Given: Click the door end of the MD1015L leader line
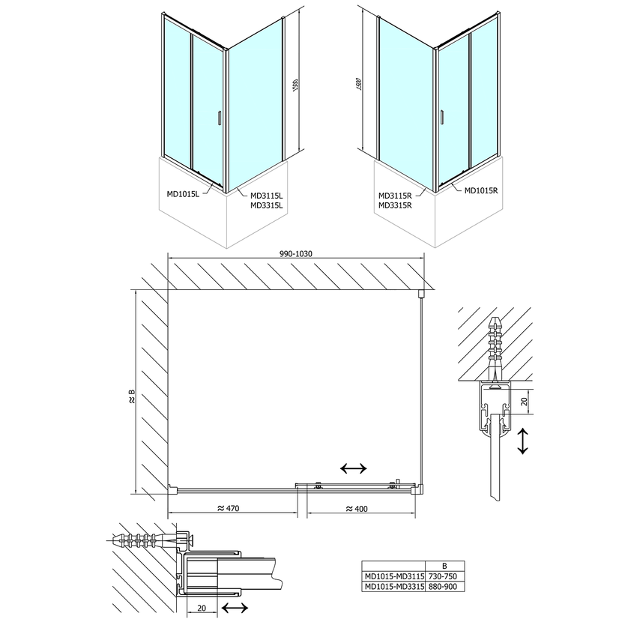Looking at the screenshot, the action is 214,183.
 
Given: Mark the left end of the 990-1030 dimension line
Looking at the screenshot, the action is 168,259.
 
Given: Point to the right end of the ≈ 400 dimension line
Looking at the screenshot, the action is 415,513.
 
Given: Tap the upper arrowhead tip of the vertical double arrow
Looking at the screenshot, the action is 523,429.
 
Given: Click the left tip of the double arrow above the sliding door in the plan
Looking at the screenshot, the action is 341,469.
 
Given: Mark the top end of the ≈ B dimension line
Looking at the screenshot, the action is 136,290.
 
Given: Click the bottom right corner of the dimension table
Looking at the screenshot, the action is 464,591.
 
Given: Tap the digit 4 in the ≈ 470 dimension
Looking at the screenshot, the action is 229,508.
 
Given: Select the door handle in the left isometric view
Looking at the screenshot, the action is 219,118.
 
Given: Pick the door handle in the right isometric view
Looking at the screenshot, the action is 441,117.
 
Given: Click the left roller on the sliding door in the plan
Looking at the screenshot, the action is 318,484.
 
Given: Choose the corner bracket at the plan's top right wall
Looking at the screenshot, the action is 421,294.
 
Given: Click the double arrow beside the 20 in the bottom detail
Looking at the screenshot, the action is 235,607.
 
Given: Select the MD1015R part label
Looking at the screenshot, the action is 481,190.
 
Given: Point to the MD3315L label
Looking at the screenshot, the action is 267,205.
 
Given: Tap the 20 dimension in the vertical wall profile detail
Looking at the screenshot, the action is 525,401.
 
